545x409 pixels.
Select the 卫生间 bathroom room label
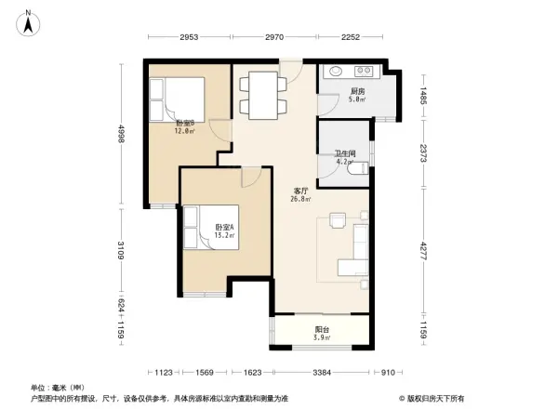[345, 156]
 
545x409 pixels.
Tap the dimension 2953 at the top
[189, 38]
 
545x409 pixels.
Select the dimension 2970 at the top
[273, 38]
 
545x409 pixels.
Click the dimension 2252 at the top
[350, 38]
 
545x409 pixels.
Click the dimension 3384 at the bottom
[321, 373]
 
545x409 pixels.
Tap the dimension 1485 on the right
[422, 97]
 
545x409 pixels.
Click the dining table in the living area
[265, 96]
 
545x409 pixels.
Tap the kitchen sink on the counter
[335, 72]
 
